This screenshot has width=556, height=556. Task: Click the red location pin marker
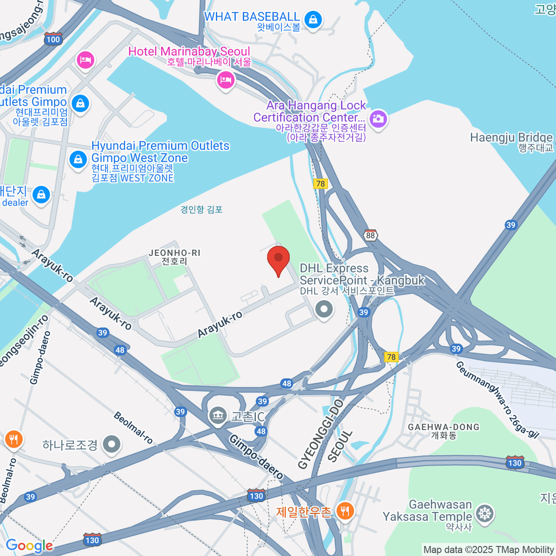278,259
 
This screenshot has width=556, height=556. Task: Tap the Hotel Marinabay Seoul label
189,51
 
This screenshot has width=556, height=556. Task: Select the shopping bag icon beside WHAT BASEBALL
314,20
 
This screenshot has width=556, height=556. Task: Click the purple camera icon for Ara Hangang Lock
378,119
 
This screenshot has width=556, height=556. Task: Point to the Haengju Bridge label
512,138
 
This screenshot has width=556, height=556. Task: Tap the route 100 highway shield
53,39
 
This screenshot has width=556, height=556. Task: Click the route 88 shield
370,235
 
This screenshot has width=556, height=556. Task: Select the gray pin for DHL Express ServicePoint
324,309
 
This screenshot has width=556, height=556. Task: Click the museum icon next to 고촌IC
218,415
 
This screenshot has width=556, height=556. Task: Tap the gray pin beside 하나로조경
112,444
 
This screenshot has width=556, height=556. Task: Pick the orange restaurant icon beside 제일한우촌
344,511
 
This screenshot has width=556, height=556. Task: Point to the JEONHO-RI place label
174,253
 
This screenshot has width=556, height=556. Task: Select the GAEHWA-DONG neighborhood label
443,427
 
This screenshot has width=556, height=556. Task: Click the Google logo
29,545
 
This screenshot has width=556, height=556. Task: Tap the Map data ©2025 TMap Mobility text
489,550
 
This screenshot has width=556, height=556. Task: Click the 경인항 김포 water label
202,209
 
